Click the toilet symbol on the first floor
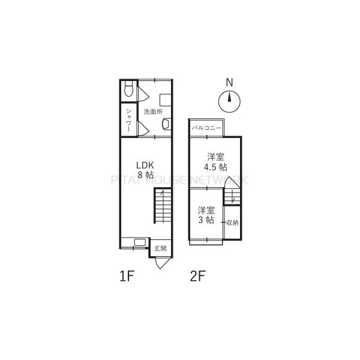129,89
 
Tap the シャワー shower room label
129,120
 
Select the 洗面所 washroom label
153,112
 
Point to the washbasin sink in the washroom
167,124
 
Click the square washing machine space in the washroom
166,100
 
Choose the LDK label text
145,165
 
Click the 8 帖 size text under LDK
146,175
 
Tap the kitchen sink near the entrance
140,242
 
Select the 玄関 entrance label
160,248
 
